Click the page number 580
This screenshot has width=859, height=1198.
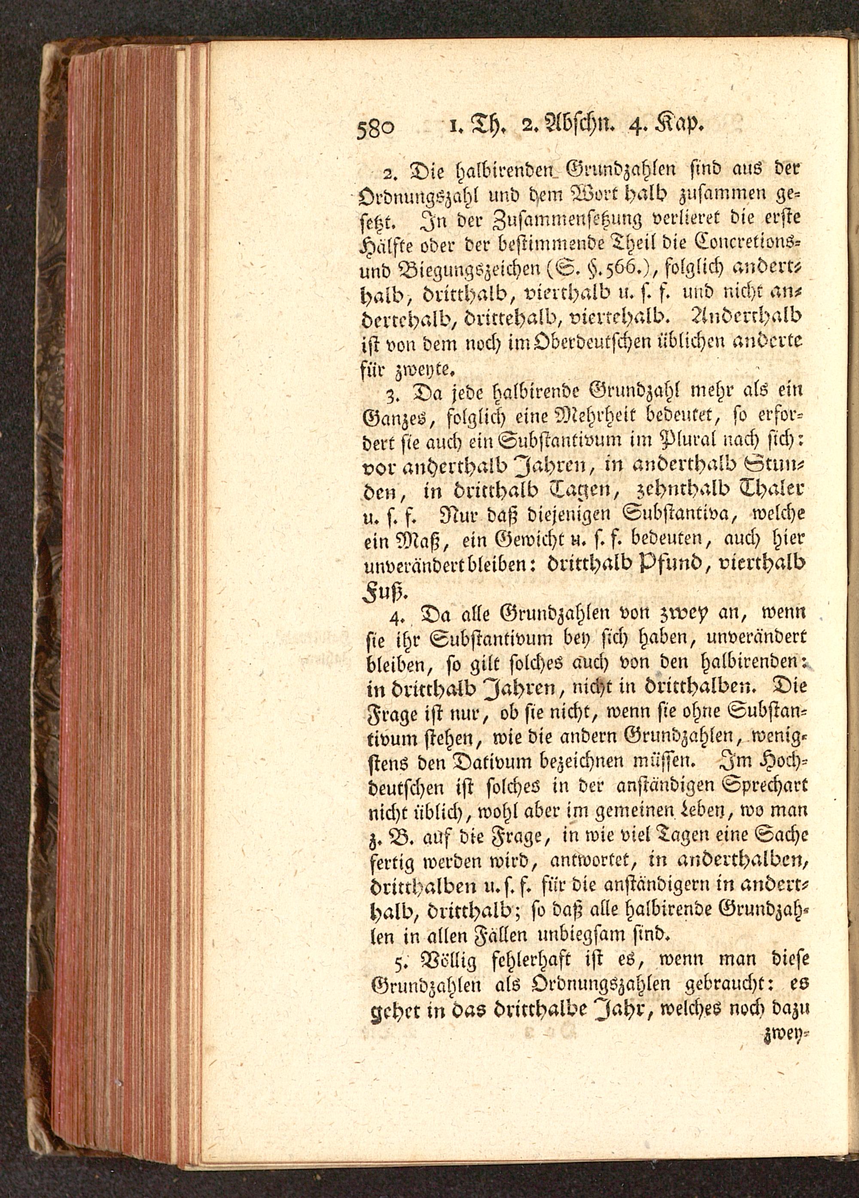[375, 128]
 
